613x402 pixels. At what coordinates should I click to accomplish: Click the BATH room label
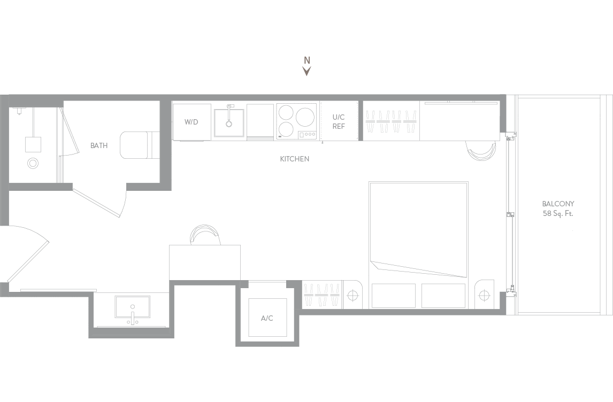pyautogui.click(x=99, y=145)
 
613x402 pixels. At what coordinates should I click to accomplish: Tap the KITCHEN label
pyautogui.click(x=295, y=159)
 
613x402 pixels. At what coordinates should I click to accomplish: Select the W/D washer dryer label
pyautogui.click(x=191, y=122)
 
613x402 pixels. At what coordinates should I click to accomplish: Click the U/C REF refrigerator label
pyautogui.click(x=339, y=121)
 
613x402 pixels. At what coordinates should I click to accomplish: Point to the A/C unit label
pyautogui.click(x=267, y=319)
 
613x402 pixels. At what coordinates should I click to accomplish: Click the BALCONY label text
pyautogui.click(x=558, y=204)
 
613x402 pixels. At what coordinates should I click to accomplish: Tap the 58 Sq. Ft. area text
pyautogui.click(x=558, y=214)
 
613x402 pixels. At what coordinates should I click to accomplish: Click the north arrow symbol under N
pyautogui.click(x=307, y=71)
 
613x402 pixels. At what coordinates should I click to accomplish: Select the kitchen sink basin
pyautogui.click(x=229, y=121)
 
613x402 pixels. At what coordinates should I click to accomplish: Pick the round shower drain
pyautogui.click(x=33, y=163)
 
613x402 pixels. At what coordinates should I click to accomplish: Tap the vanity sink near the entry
pyautogui.click(x=133, y=307)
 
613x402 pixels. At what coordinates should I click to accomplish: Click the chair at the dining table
pyautogui.click(x=205, y=235)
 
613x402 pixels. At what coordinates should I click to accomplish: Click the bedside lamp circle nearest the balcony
pyautogui.click(x=484, y=295)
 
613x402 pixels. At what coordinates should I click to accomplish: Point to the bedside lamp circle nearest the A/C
pyautogui.click(x=353, y=295)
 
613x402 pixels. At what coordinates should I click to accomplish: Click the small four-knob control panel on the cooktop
pyautogui.click(x=307, y=134)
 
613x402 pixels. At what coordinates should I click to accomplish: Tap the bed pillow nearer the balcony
pyautogui.click(x=444, y=296)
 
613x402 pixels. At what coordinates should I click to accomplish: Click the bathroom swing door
pyautogui.click(x=98, y=202)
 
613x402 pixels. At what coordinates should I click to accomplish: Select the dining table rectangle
pyautogui.click(x=205, y=262)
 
